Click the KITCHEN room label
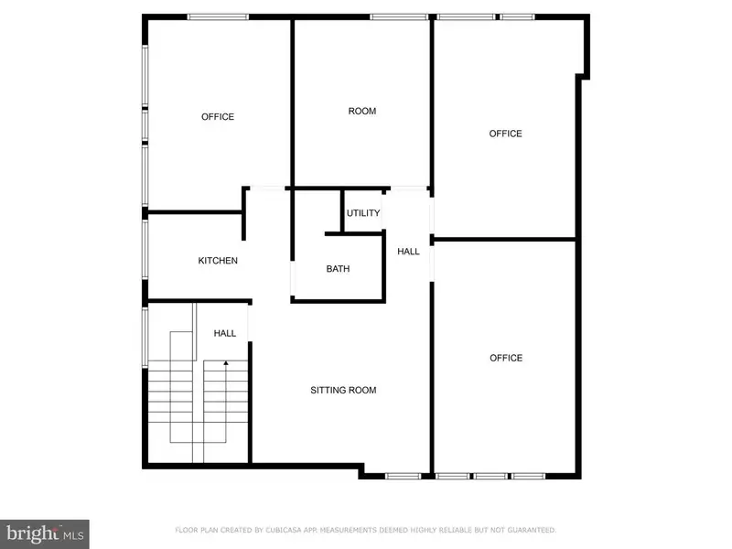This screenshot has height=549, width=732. click(218, 261)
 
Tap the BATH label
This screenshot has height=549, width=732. click(338, 269)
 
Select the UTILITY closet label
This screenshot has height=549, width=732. click(363, 213)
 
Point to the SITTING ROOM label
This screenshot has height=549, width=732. click(343, 391)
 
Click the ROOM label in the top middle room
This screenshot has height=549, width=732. click(362, 111)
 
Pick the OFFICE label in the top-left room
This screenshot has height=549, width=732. click(218, 117)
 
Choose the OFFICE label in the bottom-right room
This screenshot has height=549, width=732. click(506, 358)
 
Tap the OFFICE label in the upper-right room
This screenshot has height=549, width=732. click(506, 134)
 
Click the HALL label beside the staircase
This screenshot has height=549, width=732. click(224, 333)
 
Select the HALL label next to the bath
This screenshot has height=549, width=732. click(408, 252)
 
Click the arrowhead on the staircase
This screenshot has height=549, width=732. click(226, 362)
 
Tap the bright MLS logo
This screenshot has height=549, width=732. click(45, 534)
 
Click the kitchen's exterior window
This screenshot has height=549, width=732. click(145, 249)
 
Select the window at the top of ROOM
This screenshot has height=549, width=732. click(399, 16)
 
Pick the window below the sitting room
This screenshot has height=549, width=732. click(403, 476)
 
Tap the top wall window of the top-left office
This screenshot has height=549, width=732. click(218, 16)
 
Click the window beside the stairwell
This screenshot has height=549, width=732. click(145, 337)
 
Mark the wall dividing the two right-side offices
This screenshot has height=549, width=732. click(505, 240)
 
